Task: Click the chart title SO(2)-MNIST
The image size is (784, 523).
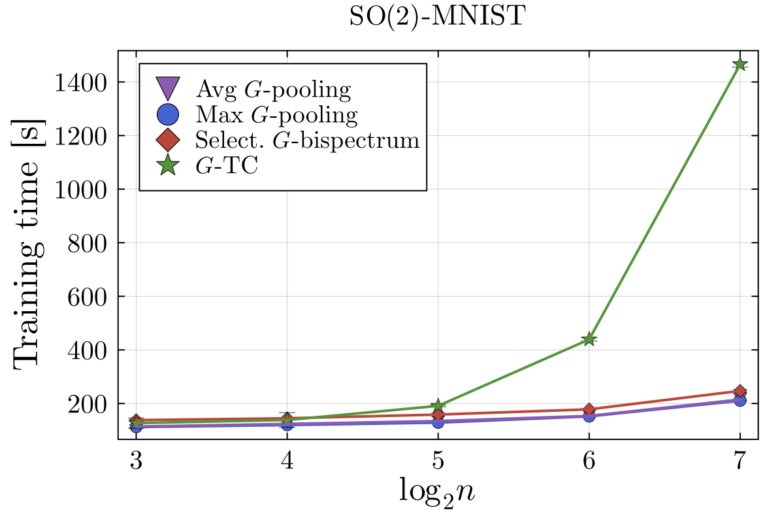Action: [x=437, y=18]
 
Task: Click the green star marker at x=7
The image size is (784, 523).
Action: [x=740, y=65]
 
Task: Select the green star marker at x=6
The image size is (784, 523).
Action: [x=589, y=339]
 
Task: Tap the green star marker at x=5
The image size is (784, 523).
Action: [x=438, y=406]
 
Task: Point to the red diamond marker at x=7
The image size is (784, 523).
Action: [x=740, y=391]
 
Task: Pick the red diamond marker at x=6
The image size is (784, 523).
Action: [x=589, y=410]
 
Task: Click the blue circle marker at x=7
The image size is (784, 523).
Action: [x=740, y=399]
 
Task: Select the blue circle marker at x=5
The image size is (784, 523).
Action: [x=438, y=422]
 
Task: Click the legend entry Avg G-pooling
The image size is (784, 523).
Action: [x=273, y=88]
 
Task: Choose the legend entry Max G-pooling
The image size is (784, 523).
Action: [x=276, y=114]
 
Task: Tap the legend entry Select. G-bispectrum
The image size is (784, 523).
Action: [x=307, y=140]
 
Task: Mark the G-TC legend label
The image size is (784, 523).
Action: [x=227, y=166]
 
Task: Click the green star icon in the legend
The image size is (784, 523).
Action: [x=168, y=166]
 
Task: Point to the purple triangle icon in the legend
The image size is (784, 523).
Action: [x=168, y=88]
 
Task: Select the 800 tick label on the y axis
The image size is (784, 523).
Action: [x=89, y=243]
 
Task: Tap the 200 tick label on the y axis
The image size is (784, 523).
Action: [x=89, y=403]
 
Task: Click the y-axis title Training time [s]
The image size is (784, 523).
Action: [x=29, y=243]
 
